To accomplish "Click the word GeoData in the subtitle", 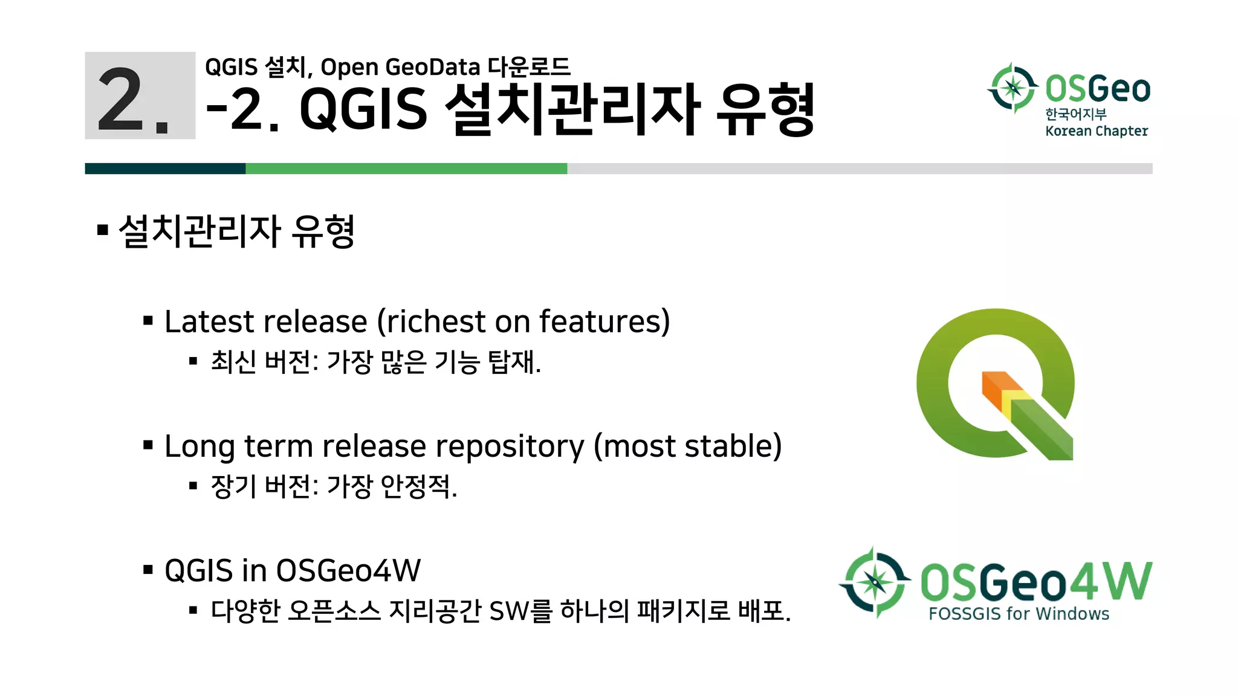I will click(x=432, y=67).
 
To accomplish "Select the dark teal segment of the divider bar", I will click(x=165, y=169).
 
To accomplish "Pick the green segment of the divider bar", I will click(x=406, y=169).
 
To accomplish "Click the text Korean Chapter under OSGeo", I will click(x=1096, y=131).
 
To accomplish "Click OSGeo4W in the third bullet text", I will click(x=348, y=571).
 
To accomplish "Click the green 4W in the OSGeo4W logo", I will click(x=1111, y=581).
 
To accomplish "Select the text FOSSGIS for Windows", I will click(x=1019, y=614).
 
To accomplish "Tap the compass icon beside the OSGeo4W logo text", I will click(x=874, y=582).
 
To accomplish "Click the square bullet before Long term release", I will click(x=148, y=446).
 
